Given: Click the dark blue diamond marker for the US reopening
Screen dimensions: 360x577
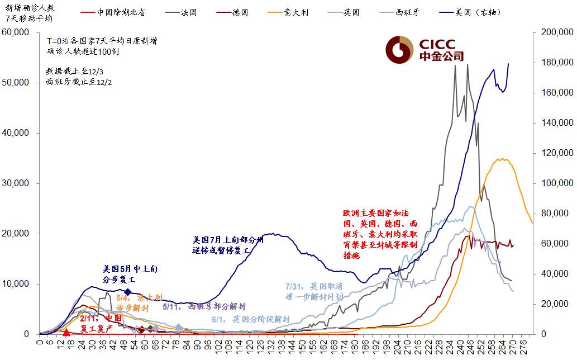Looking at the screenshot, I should pos(128,292).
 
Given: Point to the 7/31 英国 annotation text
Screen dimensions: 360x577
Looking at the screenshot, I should pos(314,291).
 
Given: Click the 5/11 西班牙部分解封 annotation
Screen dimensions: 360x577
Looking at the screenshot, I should pos(204,307).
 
